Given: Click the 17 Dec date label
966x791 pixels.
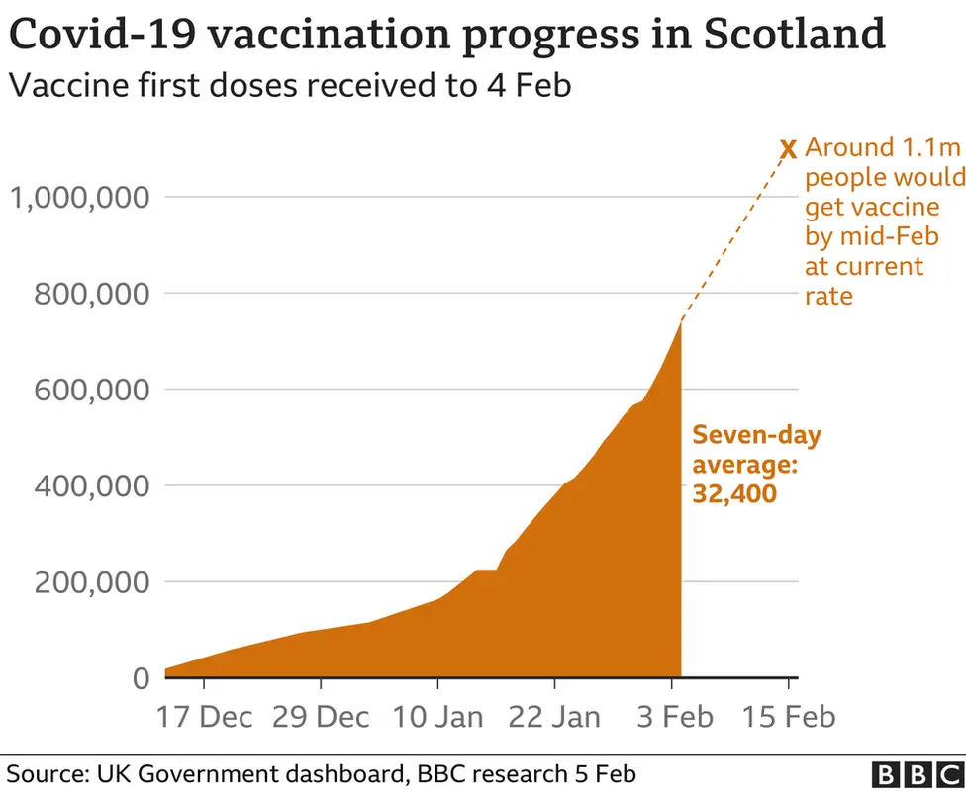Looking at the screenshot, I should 203,716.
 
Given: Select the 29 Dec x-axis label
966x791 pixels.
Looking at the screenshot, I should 321,716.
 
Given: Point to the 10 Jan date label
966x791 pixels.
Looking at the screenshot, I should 437,716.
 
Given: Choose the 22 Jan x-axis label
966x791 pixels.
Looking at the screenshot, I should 554,716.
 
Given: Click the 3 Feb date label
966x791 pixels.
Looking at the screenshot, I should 672,716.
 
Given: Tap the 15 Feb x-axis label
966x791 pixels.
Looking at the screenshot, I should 788,716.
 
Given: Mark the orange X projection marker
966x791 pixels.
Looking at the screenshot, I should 788,150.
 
